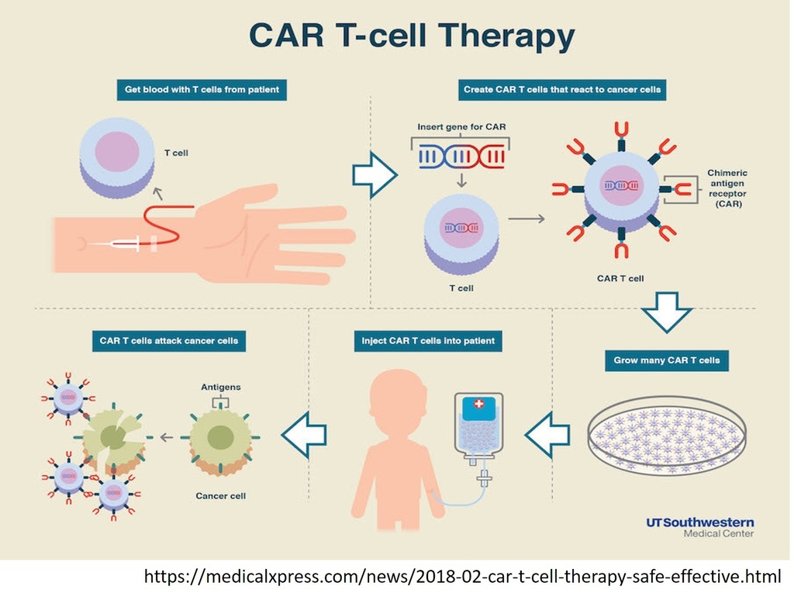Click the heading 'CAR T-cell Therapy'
(x=412, y=36)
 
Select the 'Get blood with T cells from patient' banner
(x=202, y=90)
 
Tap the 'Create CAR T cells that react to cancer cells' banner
(x=562, y=90)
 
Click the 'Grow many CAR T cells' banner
(x=667, y=360)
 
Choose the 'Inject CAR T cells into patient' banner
(x=428, y=340)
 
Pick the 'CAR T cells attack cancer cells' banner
(x=168, y=340)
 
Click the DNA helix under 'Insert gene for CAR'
(x=462, y=157)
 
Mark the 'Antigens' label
(x=221, y=386)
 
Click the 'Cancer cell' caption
(x=221, y=495)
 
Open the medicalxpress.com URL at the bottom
(x=462, y=577)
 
